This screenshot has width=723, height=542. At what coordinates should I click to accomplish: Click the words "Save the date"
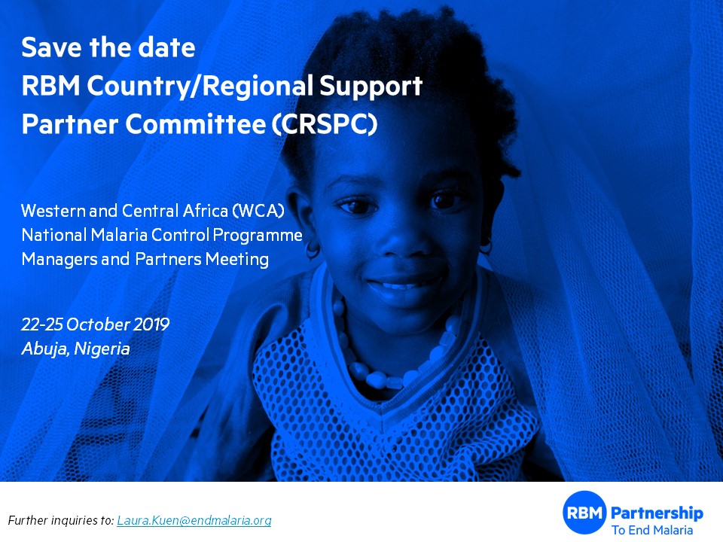[108, 47]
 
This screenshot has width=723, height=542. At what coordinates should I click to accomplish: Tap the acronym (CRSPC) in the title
[325, 124]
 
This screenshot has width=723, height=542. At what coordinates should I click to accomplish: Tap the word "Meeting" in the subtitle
[237, 260]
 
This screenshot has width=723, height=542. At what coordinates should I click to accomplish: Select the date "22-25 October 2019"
[96, 324]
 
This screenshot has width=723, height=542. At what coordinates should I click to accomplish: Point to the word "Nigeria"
[102, 349]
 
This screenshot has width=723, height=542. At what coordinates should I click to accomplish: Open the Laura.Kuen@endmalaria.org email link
[194, 520]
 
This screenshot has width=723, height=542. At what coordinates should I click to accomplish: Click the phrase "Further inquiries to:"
[61, 520]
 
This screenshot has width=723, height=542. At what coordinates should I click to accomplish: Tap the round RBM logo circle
[584, 513]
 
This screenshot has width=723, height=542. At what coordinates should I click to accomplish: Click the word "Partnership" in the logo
[657, 513]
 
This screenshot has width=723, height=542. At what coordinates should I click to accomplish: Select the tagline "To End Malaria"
[652, 530]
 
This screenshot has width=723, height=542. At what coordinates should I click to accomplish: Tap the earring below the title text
[313, 250]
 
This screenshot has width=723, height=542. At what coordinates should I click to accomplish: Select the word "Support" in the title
[371, 87]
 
